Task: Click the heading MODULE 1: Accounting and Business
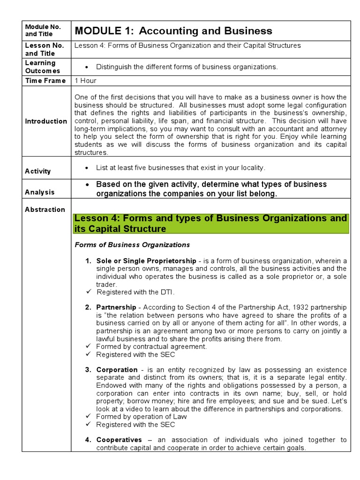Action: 173,31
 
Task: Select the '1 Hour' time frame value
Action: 85,81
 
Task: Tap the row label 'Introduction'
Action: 46,121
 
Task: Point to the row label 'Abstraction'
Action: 45,210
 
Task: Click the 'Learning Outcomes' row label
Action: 40,67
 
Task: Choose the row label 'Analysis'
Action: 40,192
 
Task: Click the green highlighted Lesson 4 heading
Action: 211,224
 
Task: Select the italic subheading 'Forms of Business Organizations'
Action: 132,245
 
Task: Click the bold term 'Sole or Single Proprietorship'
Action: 146,261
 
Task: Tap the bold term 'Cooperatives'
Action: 119,440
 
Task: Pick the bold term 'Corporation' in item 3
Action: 117,370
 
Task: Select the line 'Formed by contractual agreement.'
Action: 151,346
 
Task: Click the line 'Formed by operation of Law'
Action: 141,416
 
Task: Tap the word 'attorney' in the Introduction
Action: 334,129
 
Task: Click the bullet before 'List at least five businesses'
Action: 88,168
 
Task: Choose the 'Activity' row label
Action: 38,171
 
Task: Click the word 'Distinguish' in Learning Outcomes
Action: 114,67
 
